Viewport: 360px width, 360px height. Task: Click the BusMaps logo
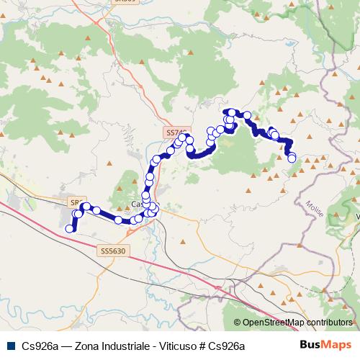tap(326, 346)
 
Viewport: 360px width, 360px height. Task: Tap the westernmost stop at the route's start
tap(70, 229)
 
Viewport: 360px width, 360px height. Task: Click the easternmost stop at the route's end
tap(292, 158)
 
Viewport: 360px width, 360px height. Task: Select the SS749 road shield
tap(176, 132)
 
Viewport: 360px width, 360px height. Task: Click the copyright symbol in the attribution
tap(238, 323)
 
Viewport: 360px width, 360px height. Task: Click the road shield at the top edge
tap(125, 2)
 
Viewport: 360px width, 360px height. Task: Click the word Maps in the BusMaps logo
tap(338, 346)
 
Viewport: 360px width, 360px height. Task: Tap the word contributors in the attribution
tap(328, 323)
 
